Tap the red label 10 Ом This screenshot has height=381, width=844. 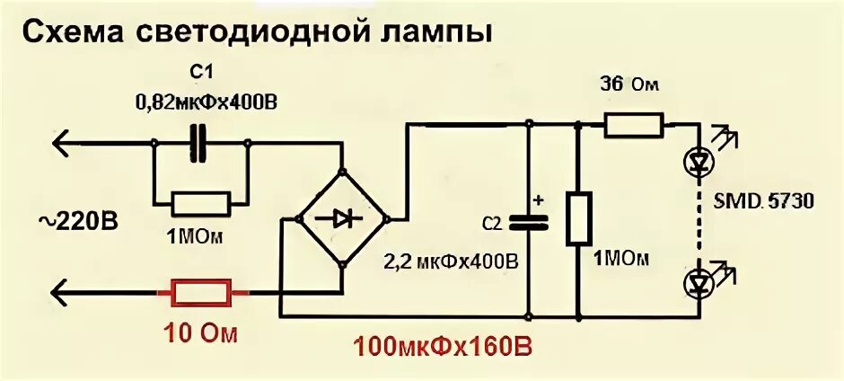(200, 334)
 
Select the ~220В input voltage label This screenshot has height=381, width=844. (77, 218)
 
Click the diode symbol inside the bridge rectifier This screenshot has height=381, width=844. (342, 217)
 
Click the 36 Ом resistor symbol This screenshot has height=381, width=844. (634, 125)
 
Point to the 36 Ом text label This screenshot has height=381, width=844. (629, 85)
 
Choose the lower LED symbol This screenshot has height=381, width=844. (699, 282)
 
